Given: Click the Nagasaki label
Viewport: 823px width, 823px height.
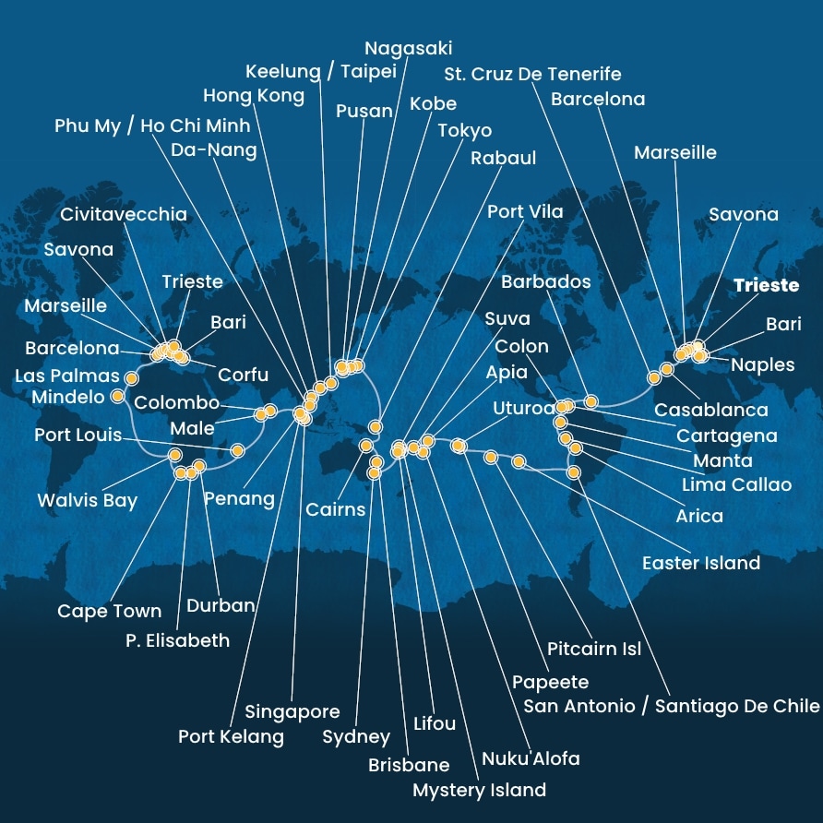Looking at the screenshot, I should point(408,48).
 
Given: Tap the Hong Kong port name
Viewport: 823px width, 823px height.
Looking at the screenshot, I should point(254,96).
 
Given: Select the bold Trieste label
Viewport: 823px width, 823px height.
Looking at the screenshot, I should point(766,285).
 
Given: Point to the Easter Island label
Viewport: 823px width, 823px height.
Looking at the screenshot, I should point(701,562).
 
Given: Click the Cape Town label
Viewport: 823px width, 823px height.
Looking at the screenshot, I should point(109,611).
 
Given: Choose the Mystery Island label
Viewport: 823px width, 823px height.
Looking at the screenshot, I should point(479,790).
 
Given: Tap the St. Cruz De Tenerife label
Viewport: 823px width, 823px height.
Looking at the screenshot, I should point(532,74).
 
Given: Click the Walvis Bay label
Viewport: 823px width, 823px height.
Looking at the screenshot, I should point(87,501).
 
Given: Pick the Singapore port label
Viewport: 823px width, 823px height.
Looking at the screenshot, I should point(292,711).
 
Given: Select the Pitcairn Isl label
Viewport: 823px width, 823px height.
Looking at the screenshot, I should point(593,649).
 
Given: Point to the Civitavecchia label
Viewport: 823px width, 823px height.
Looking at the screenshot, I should point(124,214).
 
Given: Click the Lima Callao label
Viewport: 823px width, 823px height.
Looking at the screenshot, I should point(736,484).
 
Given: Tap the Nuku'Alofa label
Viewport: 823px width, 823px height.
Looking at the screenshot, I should point(531,758).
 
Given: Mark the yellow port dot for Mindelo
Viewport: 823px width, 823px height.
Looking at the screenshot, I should point(118,397).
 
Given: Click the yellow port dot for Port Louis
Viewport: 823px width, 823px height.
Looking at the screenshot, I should point(237,450).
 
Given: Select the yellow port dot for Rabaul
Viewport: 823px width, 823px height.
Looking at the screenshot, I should point(375,426).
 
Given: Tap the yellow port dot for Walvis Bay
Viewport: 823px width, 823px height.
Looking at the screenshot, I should point(174,454).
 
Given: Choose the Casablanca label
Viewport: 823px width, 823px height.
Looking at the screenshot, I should point(710,410).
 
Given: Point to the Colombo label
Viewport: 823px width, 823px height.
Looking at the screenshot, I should point(176,403).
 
